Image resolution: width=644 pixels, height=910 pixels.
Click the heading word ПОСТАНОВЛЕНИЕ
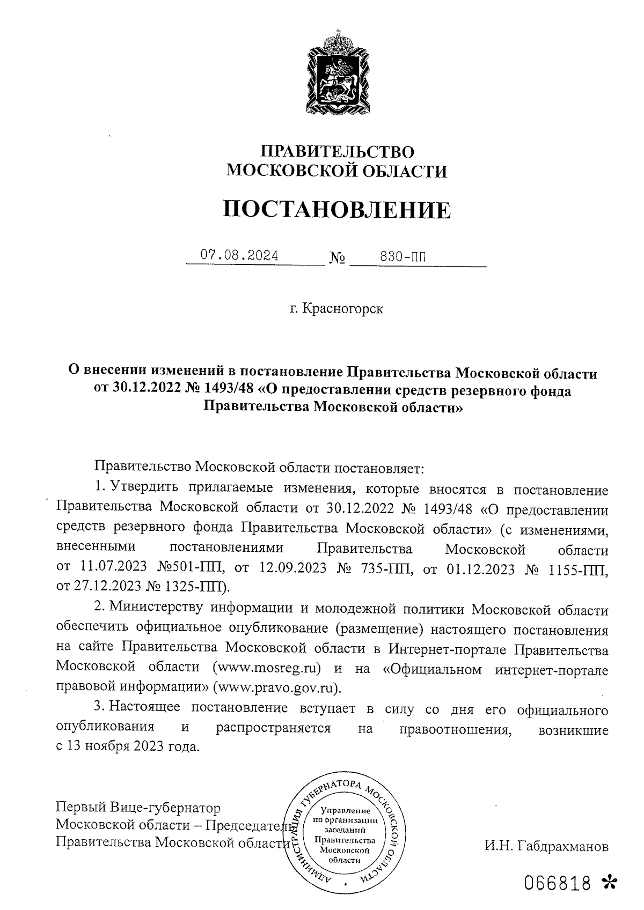click(x=337, y=210)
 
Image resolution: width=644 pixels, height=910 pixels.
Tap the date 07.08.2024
click(x=239, y=255)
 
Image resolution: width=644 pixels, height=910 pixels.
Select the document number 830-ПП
click(x=403, y=256)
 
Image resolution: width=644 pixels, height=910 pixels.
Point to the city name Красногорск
click(x=343, y=309)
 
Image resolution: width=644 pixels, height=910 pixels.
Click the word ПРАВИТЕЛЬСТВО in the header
click(x=337, y=151)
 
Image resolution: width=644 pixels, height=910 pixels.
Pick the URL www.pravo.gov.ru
click(x=276, y=687)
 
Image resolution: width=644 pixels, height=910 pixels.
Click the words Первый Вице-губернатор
click(x=138, y=807)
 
